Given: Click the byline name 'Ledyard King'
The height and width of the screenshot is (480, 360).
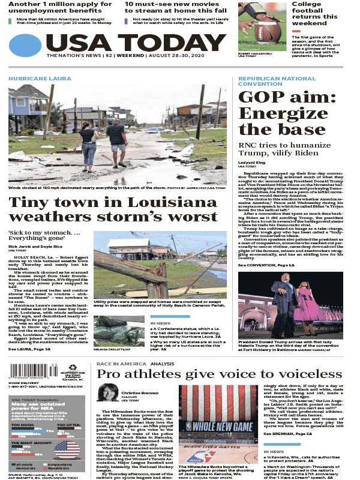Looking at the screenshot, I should (x=253, y=163).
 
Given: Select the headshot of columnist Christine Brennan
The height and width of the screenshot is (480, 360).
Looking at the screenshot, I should (x=108, y=392).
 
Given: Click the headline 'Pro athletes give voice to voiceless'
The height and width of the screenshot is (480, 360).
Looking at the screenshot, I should (x=214, y=374).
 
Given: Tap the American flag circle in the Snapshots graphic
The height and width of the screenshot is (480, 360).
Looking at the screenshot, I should (x=67, y=450).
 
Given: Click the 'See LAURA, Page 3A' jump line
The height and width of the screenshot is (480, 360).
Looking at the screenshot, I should (x=29, y=348).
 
